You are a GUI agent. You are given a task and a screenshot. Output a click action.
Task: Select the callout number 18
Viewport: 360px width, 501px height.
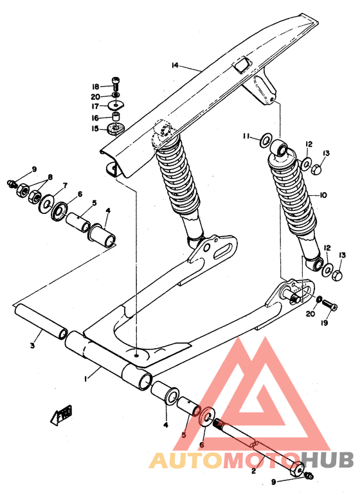tap(94, 87)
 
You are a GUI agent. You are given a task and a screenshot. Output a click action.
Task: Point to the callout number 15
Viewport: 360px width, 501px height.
tap(94, 128)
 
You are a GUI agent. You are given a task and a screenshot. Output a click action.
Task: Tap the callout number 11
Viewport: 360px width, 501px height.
tap(247, 136)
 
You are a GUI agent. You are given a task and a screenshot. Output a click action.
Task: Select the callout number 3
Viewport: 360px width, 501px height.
tap(32, 347)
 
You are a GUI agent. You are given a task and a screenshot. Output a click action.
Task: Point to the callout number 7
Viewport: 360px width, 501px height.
tap(64, 186)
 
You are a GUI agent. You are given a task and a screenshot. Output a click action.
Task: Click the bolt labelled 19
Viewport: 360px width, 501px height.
tap(327, 303)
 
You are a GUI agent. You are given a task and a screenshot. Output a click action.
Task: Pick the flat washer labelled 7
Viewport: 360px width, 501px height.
tap(46, 205)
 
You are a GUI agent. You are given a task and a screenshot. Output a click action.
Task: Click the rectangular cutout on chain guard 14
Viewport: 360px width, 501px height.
tap(242, 65)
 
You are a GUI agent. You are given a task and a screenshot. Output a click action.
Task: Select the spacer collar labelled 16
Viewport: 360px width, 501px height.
tap(116, 117)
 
